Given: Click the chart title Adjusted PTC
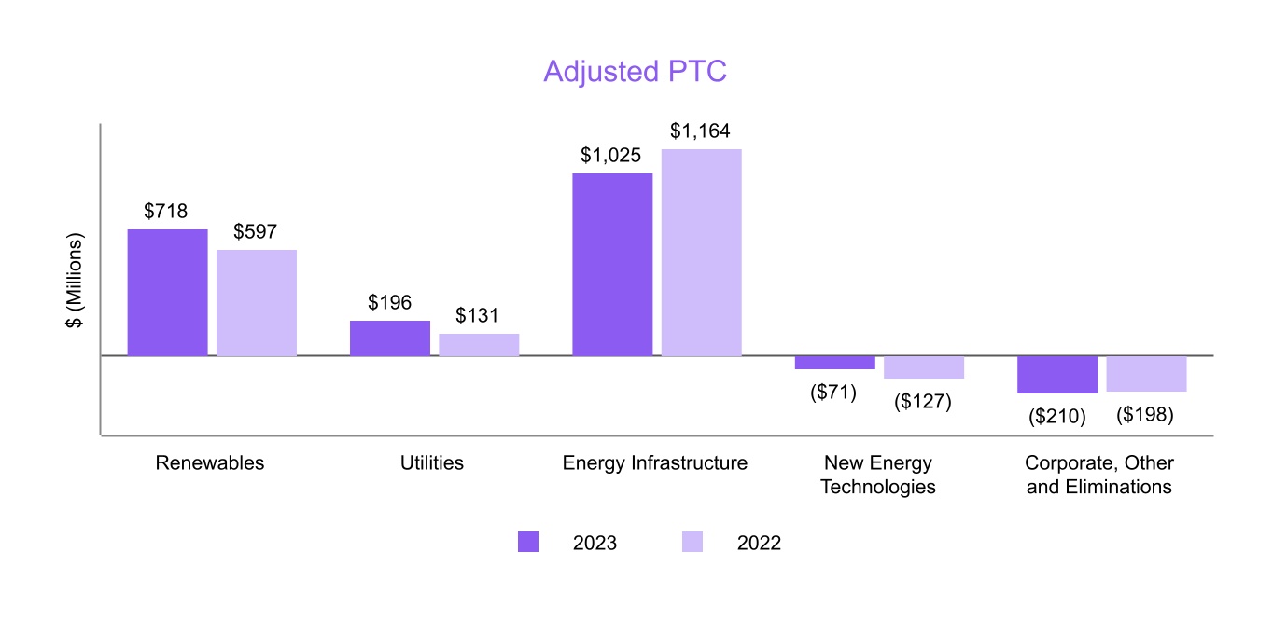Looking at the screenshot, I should point(635,72).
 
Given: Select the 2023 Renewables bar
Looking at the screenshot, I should point(167,292).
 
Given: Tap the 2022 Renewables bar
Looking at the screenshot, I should point(257,302).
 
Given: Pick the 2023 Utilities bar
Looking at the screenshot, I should point(390,338).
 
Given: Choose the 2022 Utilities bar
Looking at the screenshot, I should point(479,344).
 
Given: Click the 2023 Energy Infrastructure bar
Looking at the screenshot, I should point(612,264).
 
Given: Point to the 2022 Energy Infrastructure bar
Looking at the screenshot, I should point(702,252).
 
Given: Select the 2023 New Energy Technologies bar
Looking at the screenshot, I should point(835,363).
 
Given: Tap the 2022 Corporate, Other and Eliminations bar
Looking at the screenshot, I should point(1146,373).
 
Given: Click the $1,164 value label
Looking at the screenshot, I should point(700,131).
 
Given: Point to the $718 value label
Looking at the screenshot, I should point(166,212).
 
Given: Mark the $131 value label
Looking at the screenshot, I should point(478,316).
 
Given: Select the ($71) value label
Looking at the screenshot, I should point(833,393).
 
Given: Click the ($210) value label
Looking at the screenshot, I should point(1057,417).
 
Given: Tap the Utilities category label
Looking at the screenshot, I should point(431,463).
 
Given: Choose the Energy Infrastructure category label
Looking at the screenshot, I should point(655,463).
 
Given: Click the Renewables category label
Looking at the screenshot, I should point(210,463).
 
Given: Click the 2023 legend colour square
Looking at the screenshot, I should point(528,543).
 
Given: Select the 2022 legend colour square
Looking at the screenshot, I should point(692,543).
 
